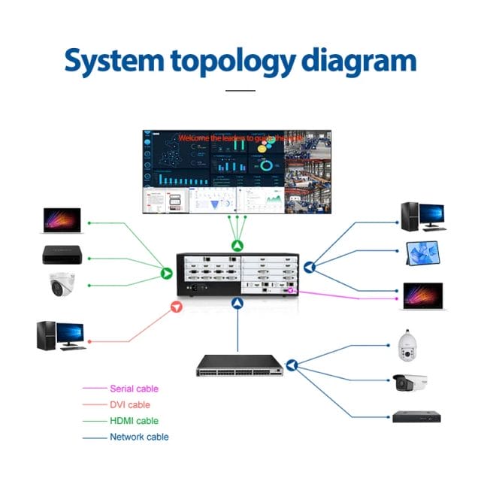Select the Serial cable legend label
134,389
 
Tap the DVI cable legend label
130,405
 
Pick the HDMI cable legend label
134,421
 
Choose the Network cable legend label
139,437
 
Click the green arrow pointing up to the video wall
237,245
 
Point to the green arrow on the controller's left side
166,273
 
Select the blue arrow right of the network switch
292,365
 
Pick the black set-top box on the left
61,254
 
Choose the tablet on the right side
421,253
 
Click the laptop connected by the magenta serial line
423,295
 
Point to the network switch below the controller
239,365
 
